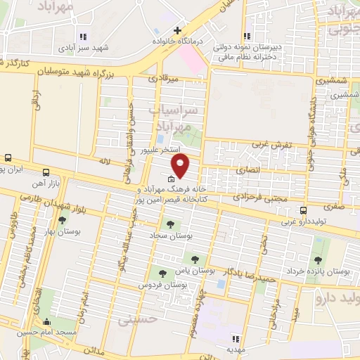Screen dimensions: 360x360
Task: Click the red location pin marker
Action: point(181,167)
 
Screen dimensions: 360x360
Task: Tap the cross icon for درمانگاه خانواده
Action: point(178,31)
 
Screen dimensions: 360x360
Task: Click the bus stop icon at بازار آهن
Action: point(46,172)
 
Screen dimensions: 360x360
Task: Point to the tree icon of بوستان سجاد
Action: point(170,224)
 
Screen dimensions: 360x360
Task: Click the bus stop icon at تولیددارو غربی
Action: point(303,210)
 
